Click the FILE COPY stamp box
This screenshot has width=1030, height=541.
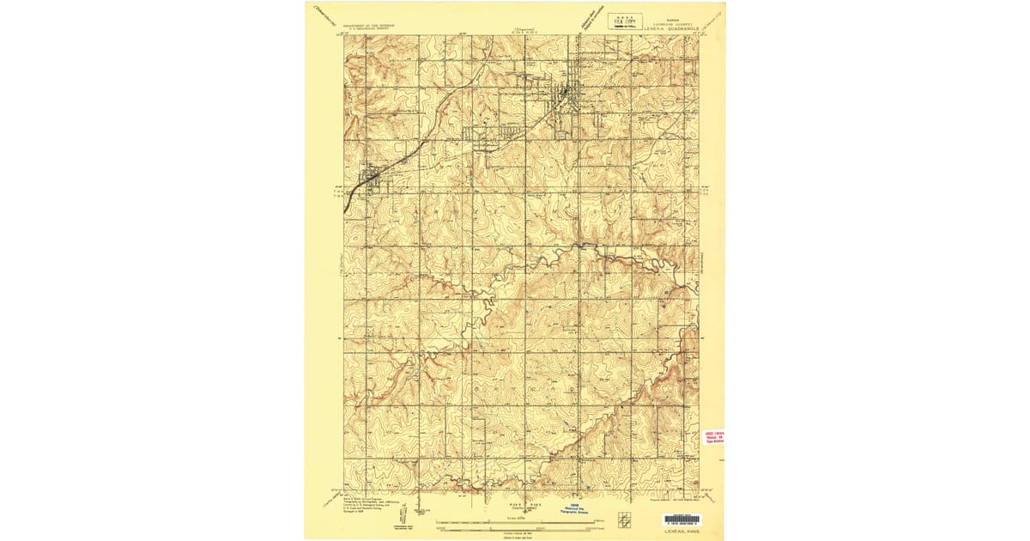(626, 21)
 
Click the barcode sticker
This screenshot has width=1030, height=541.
(682, 520)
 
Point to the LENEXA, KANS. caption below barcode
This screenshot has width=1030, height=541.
(682, 531)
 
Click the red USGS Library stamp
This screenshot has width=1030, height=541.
(714, 438)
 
